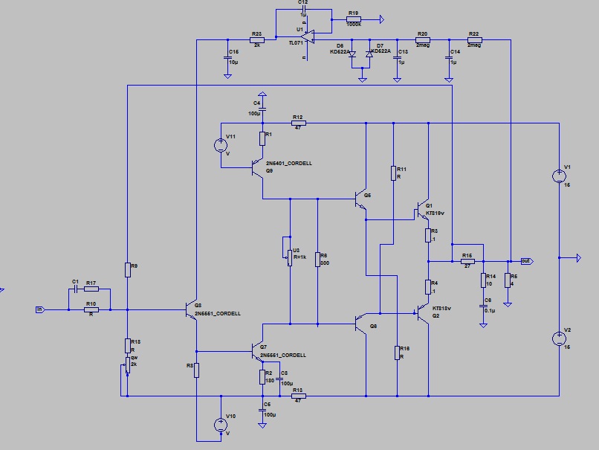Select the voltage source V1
558,176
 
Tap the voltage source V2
558,338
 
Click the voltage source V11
221,145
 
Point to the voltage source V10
221,425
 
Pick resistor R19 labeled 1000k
354,19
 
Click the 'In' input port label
39,309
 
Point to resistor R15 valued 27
467,262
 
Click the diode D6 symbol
352,54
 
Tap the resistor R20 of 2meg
422,39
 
